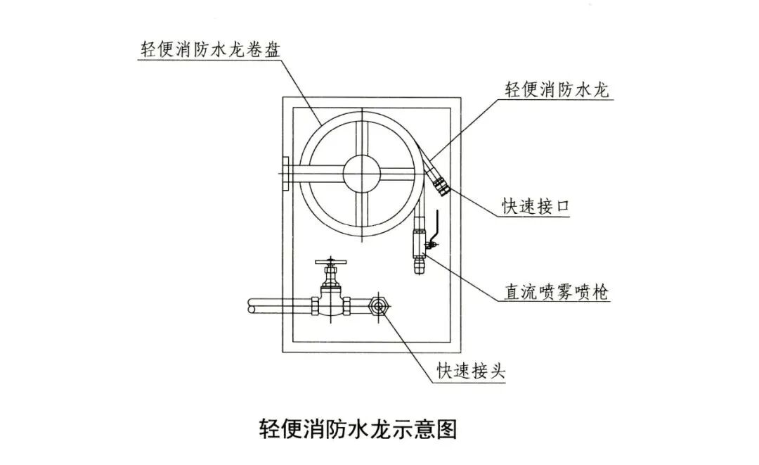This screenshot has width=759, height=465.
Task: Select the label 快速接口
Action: pos(535,205)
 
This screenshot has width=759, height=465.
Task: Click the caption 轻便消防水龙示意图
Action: pos(358,429)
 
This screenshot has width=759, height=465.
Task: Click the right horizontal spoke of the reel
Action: pos(402,170)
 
